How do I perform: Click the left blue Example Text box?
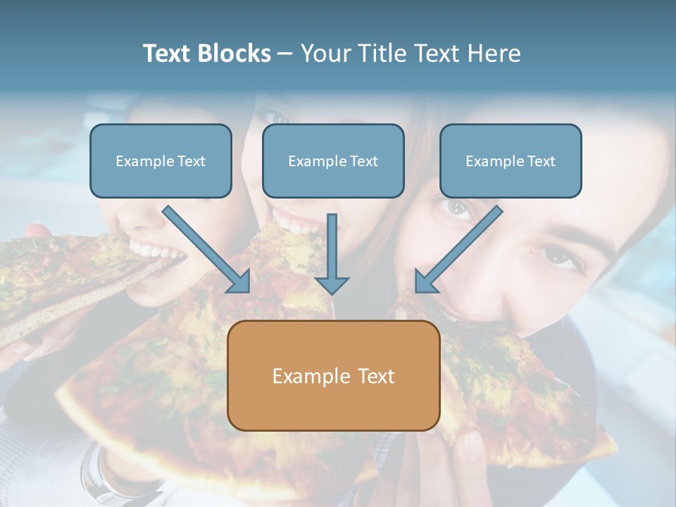(x=161, y=161)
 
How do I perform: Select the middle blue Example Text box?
(x=333, y=161)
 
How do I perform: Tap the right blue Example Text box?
(x=511, y=161)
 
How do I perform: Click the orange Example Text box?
(x=333, y=375)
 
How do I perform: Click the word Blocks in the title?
(x=234, y=54)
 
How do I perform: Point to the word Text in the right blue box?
(x=542, y=161)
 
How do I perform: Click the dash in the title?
(x=286, y=54)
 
